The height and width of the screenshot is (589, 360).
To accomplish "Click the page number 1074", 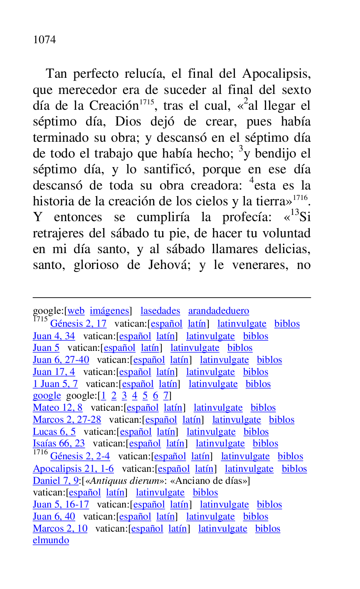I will tap(44, 40).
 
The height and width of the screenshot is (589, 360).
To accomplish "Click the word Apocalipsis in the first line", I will tap(276, 74).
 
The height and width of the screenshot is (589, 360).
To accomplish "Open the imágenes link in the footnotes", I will tap(109, 311).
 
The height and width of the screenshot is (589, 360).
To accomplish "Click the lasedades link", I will tap(160, 311).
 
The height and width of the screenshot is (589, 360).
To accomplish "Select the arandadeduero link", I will tap(219, 311).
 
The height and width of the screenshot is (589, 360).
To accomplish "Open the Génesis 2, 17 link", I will tap(78, 323).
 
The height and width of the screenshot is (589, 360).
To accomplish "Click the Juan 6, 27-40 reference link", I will tap(61, 360).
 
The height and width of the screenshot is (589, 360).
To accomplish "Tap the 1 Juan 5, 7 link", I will tap(55, 384).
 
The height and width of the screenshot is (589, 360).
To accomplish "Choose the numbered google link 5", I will tap(145, 396).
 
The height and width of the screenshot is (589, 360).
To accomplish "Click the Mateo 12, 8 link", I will tap(58, 408).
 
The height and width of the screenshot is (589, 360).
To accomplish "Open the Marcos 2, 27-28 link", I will tap(67, 420).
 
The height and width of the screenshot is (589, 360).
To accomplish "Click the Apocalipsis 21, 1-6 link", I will tap(73, 469).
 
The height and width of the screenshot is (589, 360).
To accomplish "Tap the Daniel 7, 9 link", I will tap(56, 481).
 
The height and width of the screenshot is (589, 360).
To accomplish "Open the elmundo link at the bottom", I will tap(51, 540).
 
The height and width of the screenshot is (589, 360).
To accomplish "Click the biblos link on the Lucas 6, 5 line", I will tap(256, 432).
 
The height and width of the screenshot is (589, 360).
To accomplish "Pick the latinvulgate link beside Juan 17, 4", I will tap(210, 372).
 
